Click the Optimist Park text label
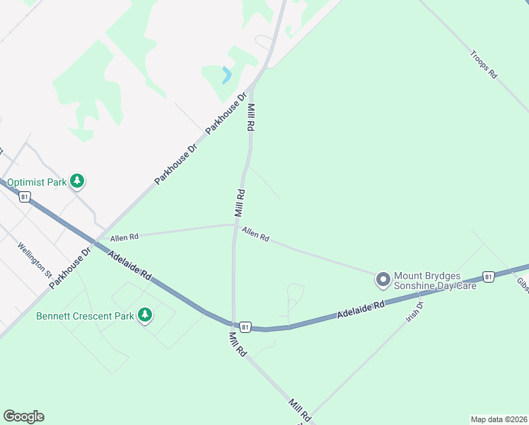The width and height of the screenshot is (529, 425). pyautogui.click(x=37, y=182)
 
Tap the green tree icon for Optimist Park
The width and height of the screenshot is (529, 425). pyautogui.click(x=78, y=182)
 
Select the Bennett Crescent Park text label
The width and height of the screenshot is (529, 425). pyautogui.click(x=85, y=314)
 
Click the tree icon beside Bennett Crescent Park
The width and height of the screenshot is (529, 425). pyautogui.click(x=145, y=314)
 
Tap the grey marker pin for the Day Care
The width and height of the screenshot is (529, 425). pyautogui.click(x=383, y=280)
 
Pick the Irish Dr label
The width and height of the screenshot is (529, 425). pyautogui.click(x=414, y=312)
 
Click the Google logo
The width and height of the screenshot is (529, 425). pyautogui.click(x=23, y=416)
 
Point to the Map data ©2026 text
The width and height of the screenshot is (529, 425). pyautogui.click(x=499, y=419)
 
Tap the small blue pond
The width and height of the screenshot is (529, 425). pyautogui.click(x=226, y=75)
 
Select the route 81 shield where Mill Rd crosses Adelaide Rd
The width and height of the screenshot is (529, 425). pyautogui.click(x=245, y=327)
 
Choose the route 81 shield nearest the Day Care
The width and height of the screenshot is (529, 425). pyautogui.click(x=488, y=276)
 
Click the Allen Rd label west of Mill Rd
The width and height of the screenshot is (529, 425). pyautogui.click(x=124, y=236)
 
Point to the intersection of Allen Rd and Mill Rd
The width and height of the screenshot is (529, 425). pyautogui.click(x=235, y=225)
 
